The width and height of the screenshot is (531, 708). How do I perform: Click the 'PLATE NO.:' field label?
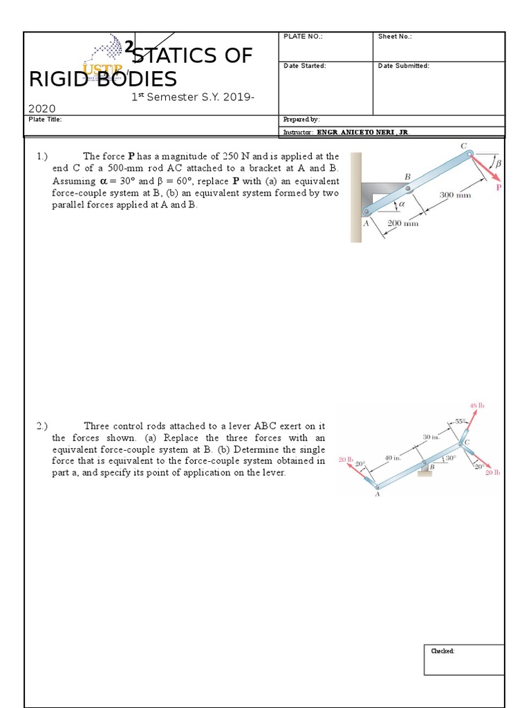303,37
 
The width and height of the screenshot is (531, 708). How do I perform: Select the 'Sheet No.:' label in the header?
395,37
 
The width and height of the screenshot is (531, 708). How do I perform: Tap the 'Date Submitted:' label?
404,66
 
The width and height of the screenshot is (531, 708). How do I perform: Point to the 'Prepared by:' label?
301,120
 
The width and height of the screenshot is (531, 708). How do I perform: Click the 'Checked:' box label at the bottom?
442,651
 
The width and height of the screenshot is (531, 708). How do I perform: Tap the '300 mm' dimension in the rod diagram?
455,195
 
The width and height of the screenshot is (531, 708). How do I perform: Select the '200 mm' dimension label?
402,223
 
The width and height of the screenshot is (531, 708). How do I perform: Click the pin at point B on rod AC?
409,188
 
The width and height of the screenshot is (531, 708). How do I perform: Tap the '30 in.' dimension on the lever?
431,437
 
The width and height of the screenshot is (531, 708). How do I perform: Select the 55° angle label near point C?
461,421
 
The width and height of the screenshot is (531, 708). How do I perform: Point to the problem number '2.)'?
43,427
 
